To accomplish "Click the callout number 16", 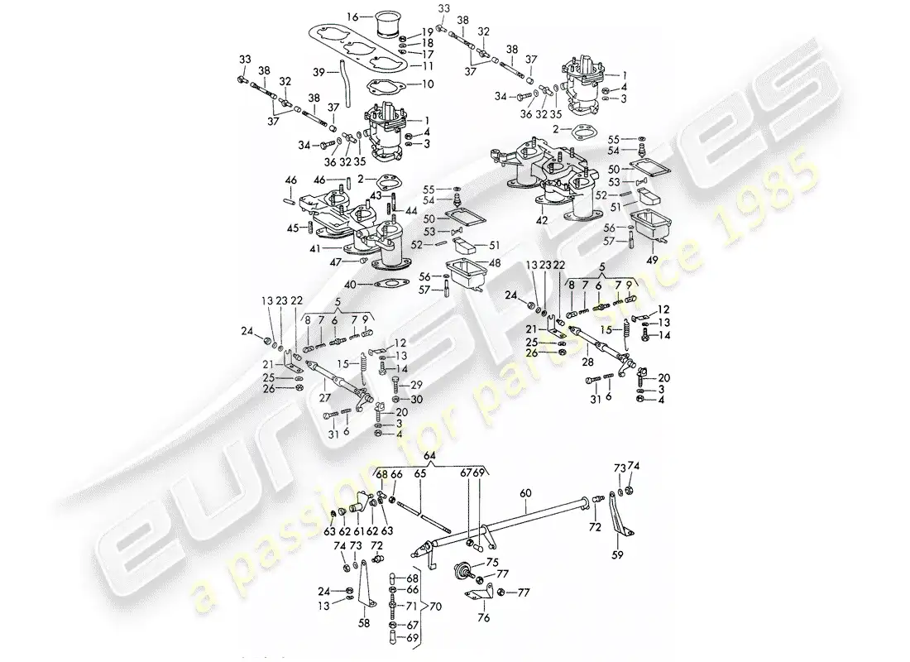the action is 353,17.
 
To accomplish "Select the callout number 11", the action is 428,66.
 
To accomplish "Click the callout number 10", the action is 428,84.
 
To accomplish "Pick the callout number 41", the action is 315,248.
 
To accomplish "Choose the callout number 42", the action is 542,221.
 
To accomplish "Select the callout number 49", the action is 653,260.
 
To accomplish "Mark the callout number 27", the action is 324,398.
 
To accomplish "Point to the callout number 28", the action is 588,362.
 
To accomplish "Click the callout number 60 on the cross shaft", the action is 525,493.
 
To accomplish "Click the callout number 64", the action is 429,456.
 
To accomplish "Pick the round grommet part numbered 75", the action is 462,568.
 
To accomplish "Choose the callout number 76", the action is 483,618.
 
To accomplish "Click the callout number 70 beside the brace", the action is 435,607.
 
